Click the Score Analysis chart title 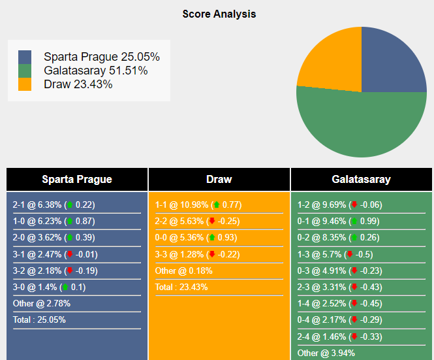point(219,14)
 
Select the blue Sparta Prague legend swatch point(25,57)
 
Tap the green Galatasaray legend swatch point(25,71)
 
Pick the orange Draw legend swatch point(25,84)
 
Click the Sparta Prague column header point(77,179)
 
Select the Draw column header point(219,179)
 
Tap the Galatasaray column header point(361,179)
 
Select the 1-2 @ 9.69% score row point(339,205)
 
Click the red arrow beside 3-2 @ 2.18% point(70,270)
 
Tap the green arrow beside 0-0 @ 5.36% point(211,237)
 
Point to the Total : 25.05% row point(39,319)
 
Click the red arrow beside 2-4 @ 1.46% point(354,336)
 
